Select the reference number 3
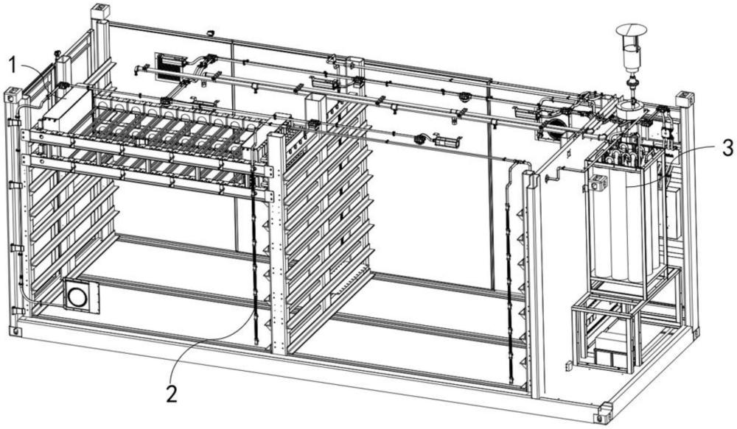coord(727,148)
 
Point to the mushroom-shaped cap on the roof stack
coord(632,30)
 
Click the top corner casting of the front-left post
coord(13,95)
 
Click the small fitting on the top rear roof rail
coord(210,32)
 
